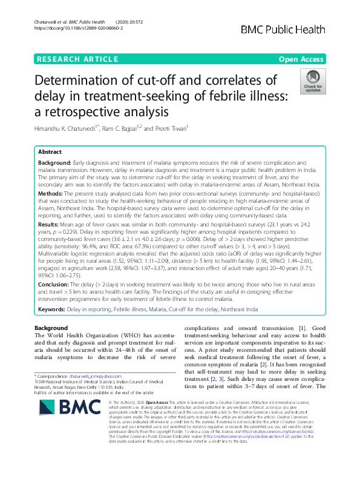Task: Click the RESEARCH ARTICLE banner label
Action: pos(77,59)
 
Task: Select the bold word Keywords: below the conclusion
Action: pos(52,309)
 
